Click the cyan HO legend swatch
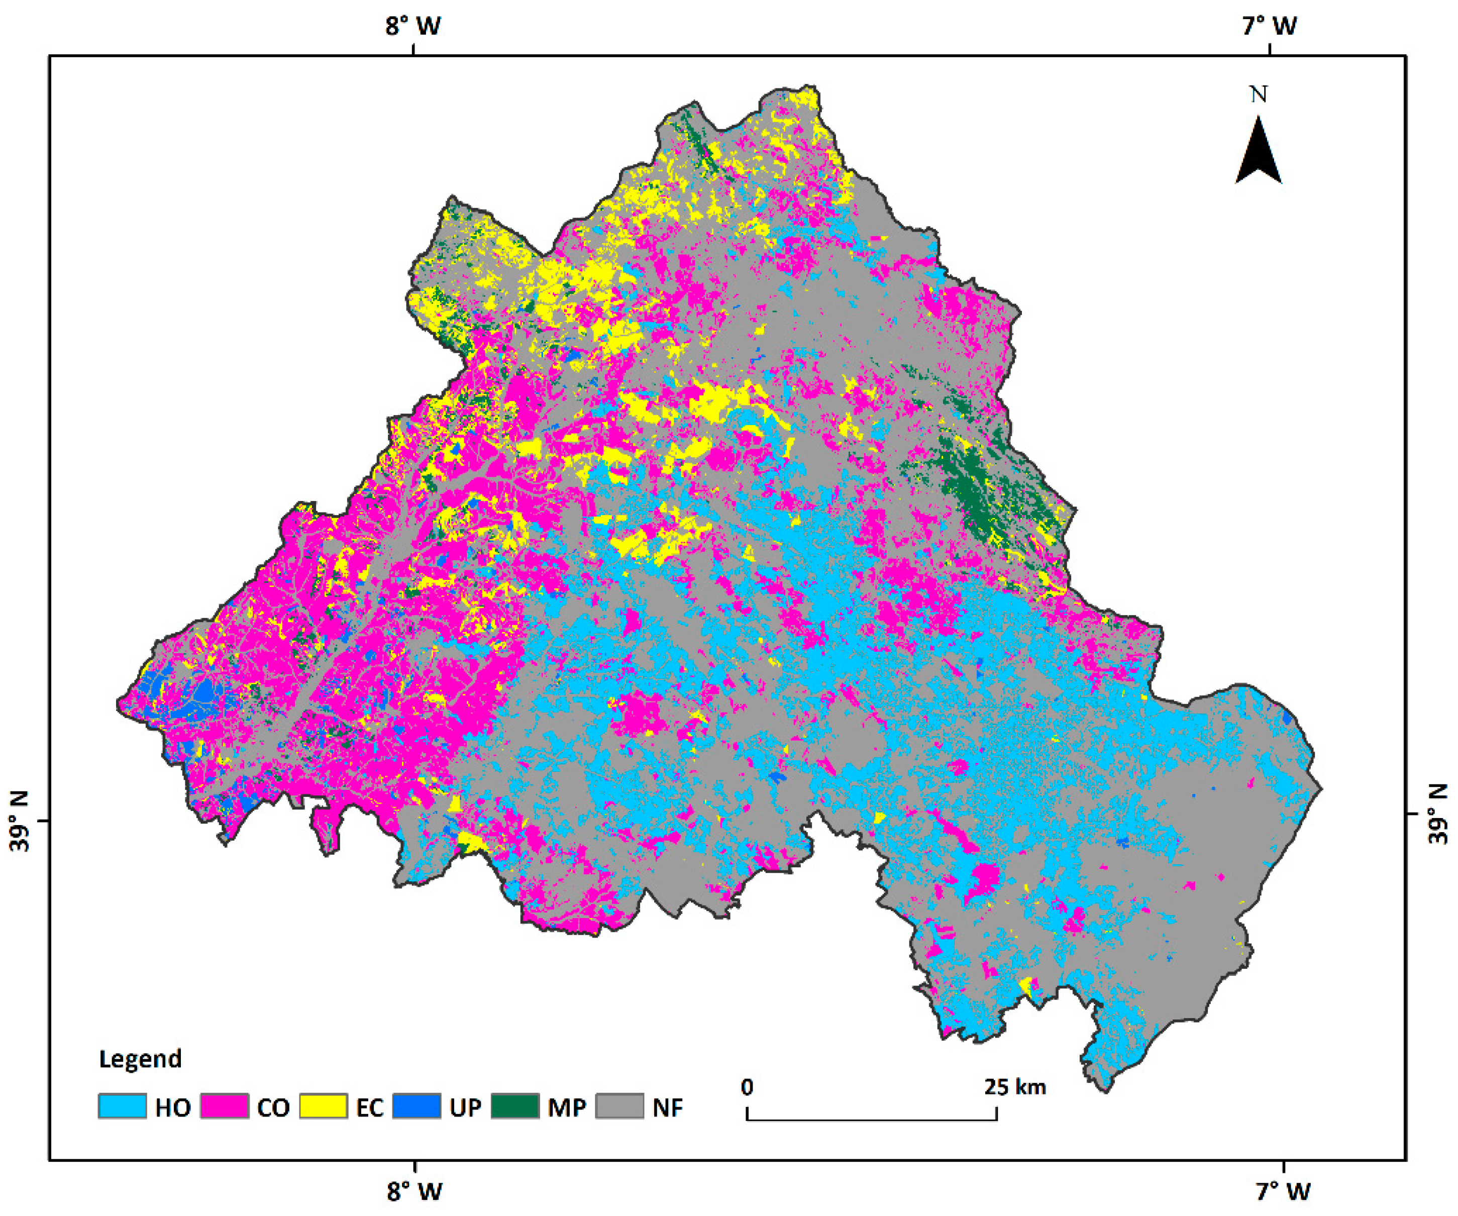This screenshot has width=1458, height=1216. coord(122,1106)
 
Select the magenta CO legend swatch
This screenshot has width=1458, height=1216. coord(224,1106)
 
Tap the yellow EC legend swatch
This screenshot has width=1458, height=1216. coord(324,1106)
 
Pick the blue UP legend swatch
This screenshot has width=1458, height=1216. coord(416,1106)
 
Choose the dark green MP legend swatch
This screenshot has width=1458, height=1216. coord(515,1106)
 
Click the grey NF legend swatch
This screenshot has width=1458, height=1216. coord(620,1106)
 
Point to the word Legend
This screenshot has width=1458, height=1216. coord(140,1059)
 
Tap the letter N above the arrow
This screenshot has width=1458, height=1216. coord(1259,94)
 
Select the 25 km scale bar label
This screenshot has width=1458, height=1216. coord(1014,1087)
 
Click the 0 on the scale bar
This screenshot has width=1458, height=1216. coord(747,1087)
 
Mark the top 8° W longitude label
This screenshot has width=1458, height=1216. coord(414,27)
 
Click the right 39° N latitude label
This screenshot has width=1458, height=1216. coord(1438,814)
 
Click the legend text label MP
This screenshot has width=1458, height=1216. coord(567,1107)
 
